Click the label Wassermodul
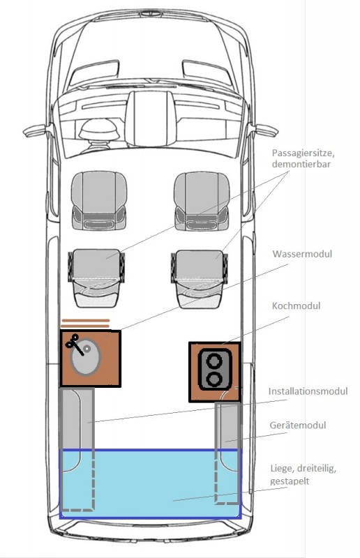tap(302, 254)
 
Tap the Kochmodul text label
tap(296, 306)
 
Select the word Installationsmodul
tap(308, 391)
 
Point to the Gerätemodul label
tap(298, 425)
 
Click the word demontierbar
tap(301, 164)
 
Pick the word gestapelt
tap(289, 481)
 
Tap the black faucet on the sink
tap(75, 344)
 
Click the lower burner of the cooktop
tap(214, 379)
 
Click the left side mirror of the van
tap(35, 130)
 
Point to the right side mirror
tap(266, 130)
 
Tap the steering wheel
tap(98, 128)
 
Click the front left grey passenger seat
tap(98, 200)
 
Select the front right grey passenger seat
tap(202, 201)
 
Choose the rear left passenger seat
tap(96, 278)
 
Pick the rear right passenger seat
tap(199, 278)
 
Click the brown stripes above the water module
tap(85, 323)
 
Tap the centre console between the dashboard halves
tap(147, 119)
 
